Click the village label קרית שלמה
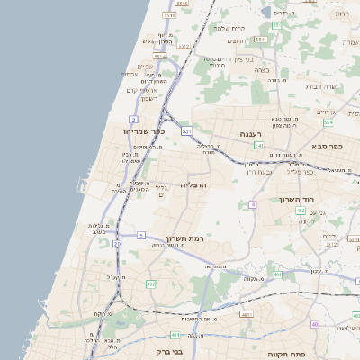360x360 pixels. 229,28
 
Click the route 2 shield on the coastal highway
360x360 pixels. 132,119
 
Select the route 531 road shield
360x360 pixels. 186,132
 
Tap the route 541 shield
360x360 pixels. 259,145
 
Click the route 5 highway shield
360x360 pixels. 141,235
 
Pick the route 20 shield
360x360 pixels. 117,244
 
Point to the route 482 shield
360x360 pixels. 150,284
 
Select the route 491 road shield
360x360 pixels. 278,274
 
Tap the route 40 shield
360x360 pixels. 315,324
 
